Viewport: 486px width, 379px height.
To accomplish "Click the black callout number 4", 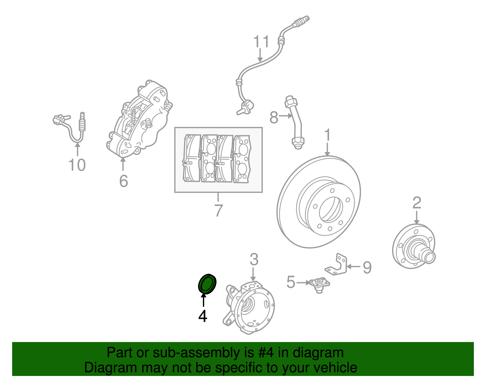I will pos(203,316).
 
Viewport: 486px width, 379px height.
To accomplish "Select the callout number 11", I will pos(261,42).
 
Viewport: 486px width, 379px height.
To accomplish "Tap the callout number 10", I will pos(77,165).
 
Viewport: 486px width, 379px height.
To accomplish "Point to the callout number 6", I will pos(123,181).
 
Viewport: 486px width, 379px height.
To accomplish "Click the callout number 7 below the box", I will pos(218,210).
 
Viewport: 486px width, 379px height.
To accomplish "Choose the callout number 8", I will pos(274,117).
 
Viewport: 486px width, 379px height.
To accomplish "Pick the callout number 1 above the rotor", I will pos(327,136).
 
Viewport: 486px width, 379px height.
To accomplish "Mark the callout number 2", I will pos(417,203).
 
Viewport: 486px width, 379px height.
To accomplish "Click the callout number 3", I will pos(254,260).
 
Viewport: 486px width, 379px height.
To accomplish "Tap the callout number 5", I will pos(291,282).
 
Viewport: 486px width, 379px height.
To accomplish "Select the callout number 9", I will pos(367,267).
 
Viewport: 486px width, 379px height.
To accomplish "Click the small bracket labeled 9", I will pos(338,265).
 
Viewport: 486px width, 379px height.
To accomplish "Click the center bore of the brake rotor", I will pos(331,209).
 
